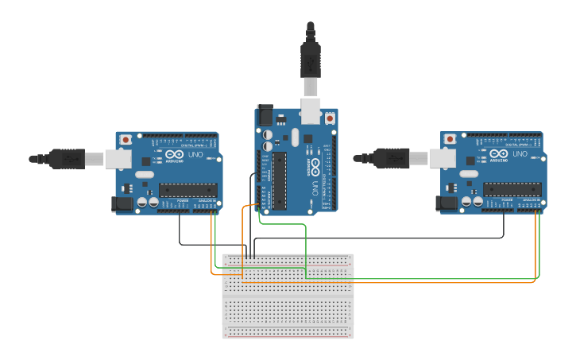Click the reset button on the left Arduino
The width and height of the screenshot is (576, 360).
click(125, 140)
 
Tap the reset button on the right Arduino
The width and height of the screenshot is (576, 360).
click(450, 139)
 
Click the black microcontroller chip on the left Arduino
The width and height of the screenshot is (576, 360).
click(187, 190)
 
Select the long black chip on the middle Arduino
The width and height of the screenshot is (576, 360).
click(279, 182)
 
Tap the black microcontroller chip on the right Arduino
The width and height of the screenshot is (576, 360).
click(512, 190)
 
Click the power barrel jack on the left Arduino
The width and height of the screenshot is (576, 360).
click(122, 204)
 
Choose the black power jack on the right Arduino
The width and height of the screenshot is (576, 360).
click(448, 204)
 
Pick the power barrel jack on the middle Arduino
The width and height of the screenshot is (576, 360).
click(264, 114)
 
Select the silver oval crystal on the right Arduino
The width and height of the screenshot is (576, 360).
click(469, 173)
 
